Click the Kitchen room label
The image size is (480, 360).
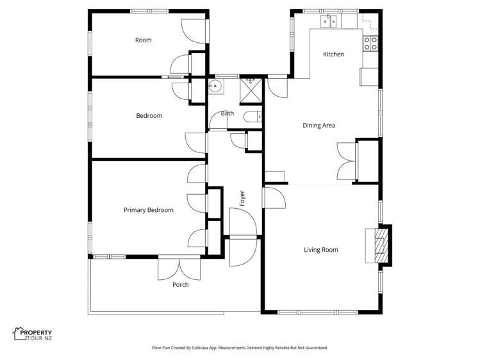[x=333, y=54]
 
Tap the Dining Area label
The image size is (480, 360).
[x=319, y=126]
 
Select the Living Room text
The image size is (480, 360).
[x=320, y=250]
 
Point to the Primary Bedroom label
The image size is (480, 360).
[x=148, y=210]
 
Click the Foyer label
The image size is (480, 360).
[x=242, y=199]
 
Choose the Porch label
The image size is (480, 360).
[x=181, y=284]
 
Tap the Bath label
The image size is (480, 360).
[x=228, y=113]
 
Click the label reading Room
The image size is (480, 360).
[x=143, y=40]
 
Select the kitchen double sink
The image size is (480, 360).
[x=329, y=22]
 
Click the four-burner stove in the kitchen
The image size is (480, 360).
[x=371, y=43]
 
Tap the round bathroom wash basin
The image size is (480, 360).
[x=215, y=86]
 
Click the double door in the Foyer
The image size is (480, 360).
[x=243, y=238]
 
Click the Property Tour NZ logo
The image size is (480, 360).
[x=33, y=334]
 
